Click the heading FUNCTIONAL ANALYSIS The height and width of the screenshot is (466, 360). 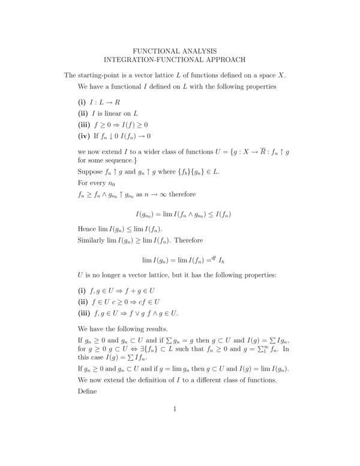tap(175, 51)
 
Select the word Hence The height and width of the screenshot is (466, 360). tap(88, 229)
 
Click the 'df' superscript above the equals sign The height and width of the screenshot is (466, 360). tap(211, 258)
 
